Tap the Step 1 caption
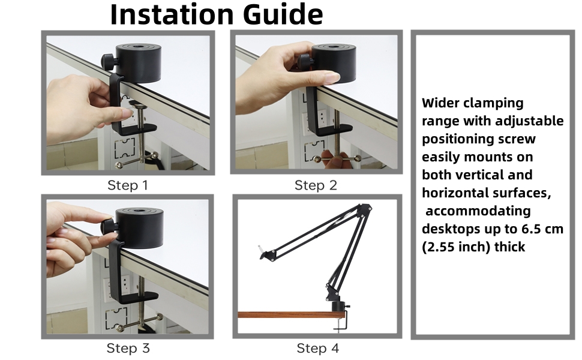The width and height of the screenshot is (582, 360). pos(127,185)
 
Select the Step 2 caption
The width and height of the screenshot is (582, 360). pos(316,185)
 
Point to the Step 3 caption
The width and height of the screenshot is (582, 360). pos(127,348)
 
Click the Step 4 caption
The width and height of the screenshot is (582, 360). pos(317,348)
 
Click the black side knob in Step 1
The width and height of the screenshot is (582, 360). pos(108,61)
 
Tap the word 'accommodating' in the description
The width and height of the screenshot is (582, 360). pos(479,211)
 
